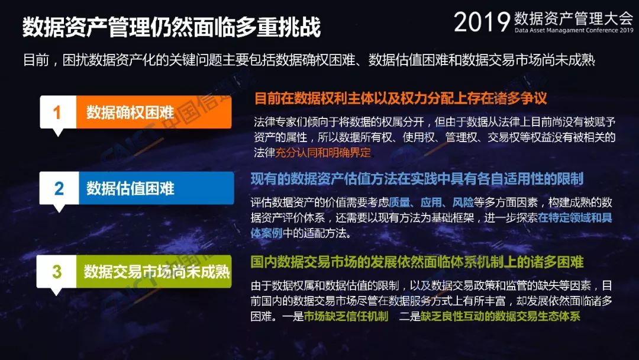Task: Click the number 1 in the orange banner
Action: (57, 112)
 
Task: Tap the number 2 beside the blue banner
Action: (59, 188)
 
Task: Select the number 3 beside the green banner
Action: (57, 272)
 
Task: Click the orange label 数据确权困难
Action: (130, 112)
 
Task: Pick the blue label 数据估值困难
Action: (130, 188)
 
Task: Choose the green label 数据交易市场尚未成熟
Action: (157, 272)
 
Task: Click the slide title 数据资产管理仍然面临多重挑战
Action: (172, 27)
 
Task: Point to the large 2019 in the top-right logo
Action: (482, 21)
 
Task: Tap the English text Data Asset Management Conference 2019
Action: (574, 30)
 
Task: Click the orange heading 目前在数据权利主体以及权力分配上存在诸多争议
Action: (401, 98)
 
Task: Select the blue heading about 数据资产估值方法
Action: (417, 179)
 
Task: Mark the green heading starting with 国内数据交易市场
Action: (417, 262)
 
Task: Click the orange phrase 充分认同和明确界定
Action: (323, 153)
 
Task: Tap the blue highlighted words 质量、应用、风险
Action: (431, 202)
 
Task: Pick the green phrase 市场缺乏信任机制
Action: (346, 316)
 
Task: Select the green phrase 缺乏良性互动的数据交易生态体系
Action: (501, 316)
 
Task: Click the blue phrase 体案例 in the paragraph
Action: (266, 233)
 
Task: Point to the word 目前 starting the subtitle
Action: (36, 60)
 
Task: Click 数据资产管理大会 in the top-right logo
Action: (573, 18)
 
